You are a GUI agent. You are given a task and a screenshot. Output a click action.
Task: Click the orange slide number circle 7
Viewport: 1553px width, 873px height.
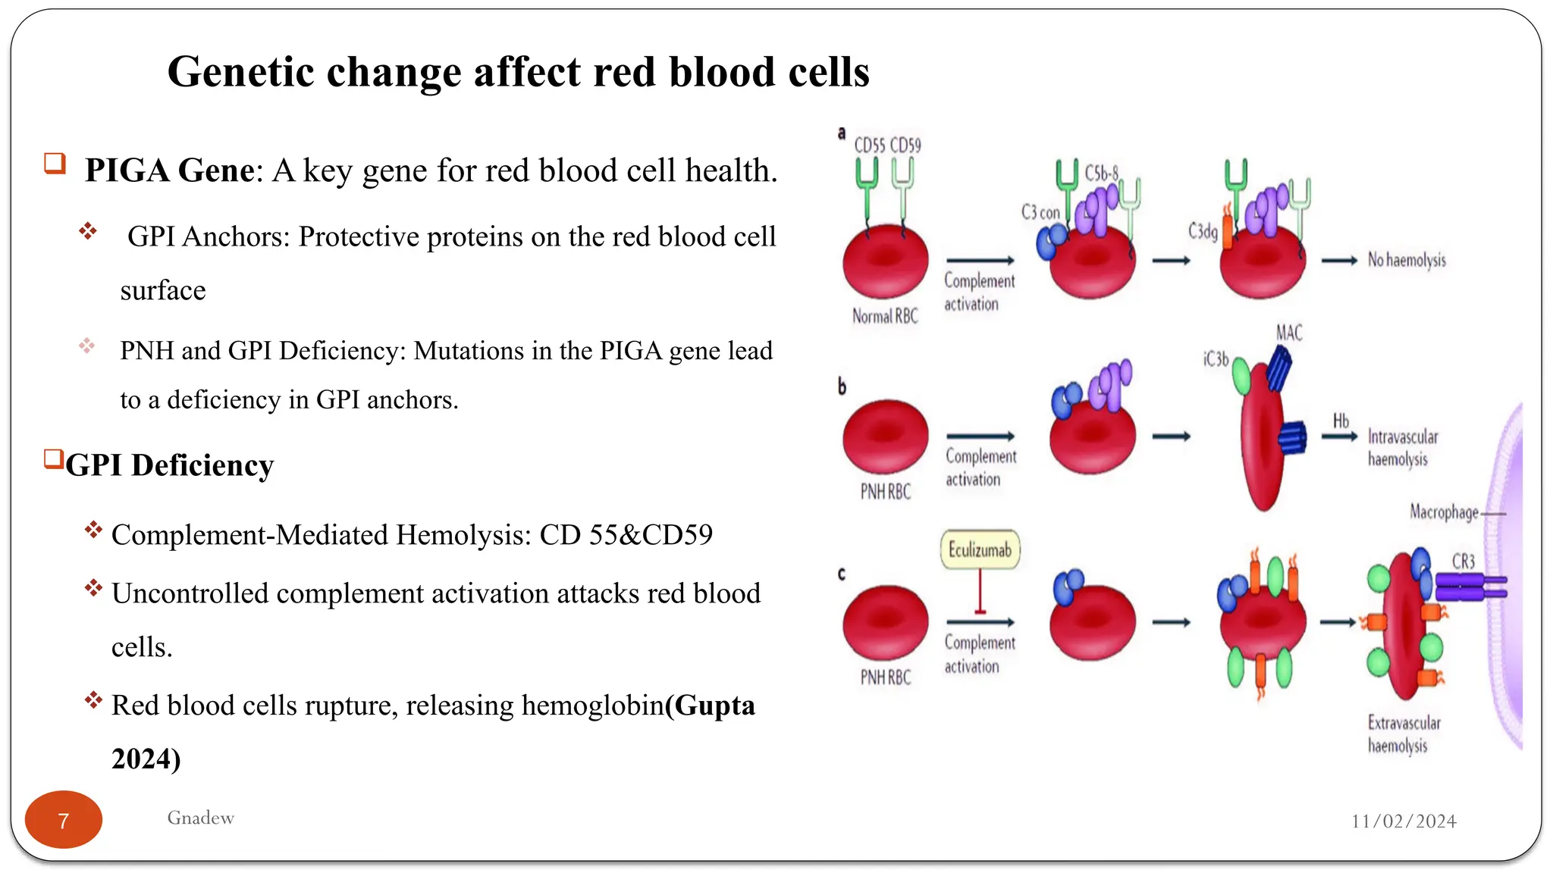[64, 820]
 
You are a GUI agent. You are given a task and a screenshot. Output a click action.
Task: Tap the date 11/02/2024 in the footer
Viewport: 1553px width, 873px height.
[1404, 821]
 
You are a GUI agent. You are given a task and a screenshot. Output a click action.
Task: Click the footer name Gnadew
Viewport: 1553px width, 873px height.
[200, 818]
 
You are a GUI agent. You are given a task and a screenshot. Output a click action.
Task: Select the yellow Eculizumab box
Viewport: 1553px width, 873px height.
[980, 549]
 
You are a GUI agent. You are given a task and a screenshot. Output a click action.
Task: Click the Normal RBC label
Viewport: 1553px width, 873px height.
[885, 316]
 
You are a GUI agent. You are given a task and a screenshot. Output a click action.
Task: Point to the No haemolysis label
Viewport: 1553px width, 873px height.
[1407, 260]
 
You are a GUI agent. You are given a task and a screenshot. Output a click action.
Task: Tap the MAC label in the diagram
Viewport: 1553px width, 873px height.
[1288, 333]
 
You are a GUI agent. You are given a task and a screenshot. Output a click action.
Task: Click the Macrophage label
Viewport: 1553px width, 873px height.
[1444, 512]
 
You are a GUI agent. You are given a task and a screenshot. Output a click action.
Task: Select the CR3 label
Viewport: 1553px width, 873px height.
[1463, 562]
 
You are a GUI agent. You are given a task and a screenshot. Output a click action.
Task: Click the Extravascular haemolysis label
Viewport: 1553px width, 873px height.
[1404, 734]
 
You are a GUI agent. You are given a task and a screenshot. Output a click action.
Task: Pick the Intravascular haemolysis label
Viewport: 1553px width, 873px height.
[1402, 448]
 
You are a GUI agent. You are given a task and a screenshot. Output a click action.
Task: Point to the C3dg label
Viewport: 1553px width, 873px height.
[1203, 230]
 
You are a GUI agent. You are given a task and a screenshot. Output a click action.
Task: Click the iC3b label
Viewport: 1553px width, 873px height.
[1216, 359]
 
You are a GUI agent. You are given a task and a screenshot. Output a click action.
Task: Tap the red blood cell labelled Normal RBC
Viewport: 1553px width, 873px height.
[886, 261]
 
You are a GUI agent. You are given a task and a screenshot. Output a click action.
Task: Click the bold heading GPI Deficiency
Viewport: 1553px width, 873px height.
[169, 465]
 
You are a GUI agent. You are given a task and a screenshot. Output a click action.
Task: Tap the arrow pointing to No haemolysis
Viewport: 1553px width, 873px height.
[1339, 261]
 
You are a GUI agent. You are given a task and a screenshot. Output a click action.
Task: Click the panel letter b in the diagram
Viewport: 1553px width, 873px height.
[842, 386]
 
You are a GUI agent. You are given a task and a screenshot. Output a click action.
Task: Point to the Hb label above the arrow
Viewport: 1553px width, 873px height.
[1341, 421]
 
